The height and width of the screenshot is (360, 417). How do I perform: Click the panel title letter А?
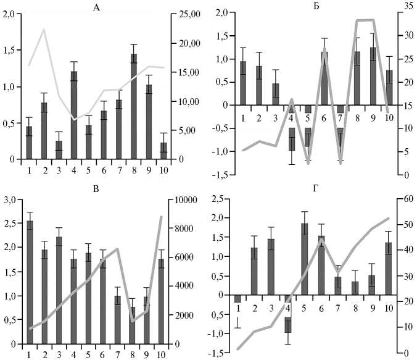tap(96, 7)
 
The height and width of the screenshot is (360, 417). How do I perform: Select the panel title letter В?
tap(96, 191)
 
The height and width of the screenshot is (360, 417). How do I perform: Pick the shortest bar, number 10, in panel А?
tap(163, 151)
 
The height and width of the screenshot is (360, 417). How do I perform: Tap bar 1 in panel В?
tap(29, 282)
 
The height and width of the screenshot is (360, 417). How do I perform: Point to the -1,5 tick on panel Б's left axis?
tap(223, 175)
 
